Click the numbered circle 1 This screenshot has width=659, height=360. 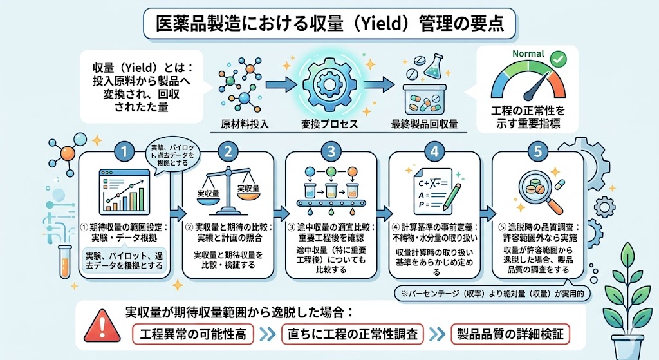point(124,153)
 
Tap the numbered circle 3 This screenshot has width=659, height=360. point(331,153)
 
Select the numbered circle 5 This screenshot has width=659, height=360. point(538,153)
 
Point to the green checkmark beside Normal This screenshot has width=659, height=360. point(559,59)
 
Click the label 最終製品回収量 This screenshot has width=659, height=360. point(425,124)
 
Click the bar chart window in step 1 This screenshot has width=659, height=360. point(124,192)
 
